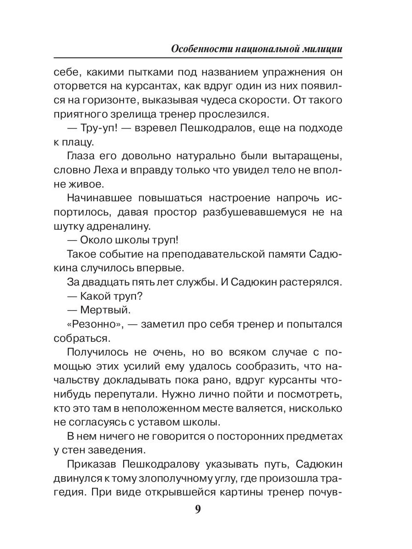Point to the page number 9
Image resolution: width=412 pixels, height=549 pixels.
(198, 509)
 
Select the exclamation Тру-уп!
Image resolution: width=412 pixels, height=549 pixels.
(100, 129)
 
